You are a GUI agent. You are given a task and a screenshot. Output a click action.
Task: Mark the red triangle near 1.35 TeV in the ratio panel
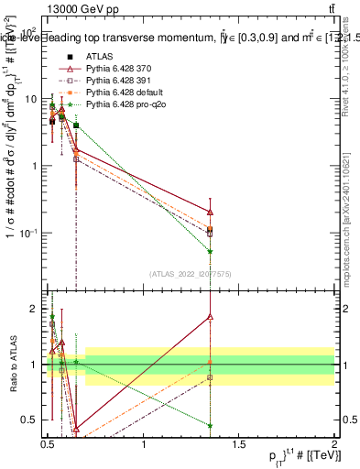point(211,317)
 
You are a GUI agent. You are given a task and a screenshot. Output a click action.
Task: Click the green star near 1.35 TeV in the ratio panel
point(211,425)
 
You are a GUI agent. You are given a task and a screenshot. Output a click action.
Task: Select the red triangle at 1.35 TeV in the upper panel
point(211,212)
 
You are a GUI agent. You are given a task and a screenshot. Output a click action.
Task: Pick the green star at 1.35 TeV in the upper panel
point(211,251)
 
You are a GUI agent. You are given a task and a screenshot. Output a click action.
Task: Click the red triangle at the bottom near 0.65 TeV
point(76,428)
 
